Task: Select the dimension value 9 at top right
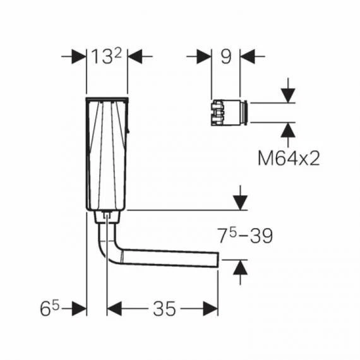pos(225,57)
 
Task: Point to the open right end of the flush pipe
pos(217,259)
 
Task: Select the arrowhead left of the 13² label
pos(78,57)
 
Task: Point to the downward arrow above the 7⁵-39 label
pos(239,201)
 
